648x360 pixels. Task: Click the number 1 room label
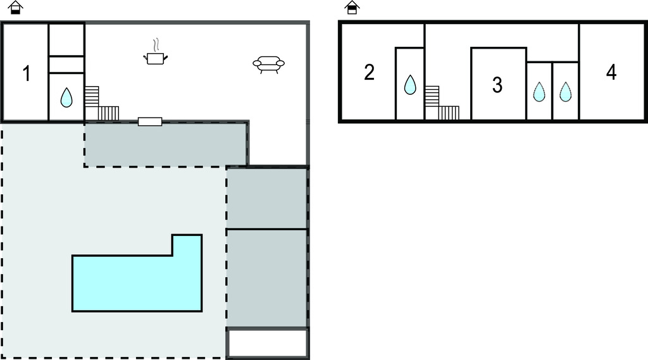click(27, 73)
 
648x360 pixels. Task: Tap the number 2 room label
click(370, 72)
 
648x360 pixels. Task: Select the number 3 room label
click(497, 85)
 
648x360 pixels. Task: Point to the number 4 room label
click(611, 72)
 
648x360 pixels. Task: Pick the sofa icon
click(268, 65)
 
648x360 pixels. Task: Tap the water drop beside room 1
click(66, 97)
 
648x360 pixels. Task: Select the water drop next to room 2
click(410, 85)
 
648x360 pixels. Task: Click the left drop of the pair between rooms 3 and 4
click(539, 92)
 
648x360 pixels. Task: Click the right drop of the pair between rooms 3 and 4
click(565, 92)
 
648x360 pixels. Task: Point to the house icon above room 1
click(15, 8)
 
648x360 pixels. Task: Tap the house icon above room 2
click(352, 8)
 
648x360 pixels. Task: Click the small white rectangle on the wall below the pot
click(150, 121)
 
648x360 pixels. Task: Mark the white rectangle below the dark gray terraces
click(268, 343)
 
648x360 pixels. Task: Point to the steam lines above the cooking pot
click(156, 45)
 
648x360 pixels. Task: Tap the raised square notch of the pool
click(187, 245)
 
